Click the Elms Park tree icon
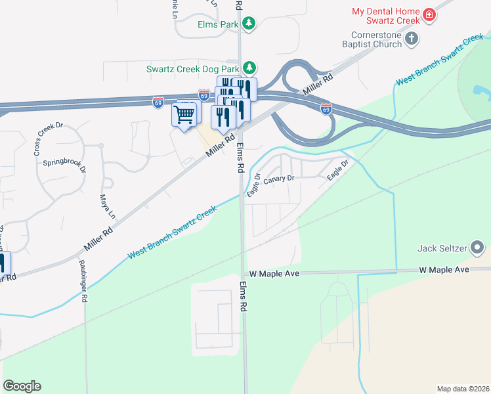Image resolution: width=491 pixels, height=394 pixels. tap(249, 24)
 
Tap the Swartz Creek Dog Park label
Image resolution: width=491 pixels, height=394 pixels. tap(193, 68)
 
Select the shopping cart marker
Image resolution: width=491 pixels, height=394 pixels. tap(184, 115)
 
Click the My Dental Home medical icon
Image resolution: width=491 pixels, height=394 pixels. tap(429, 14)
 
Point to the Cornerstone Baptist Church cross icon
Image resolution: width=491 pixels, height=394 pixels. tap(412, 39)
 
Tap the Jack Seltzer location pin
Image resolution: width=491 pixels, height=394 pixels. tap(478, 248)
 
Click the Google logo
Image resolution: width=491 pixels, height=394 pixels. tap(22, 386)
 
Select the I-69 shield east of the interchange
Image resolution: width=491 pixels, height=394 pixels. tap(326, 108)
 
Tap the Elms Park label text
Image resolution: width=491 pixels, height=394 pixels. tap(219, 24)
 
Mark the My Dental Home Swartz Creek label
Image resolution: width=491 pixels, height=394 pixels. tap(385, 16)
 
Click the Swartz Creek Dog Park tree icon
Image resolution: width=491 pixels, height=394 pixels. tap(249, 68)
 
